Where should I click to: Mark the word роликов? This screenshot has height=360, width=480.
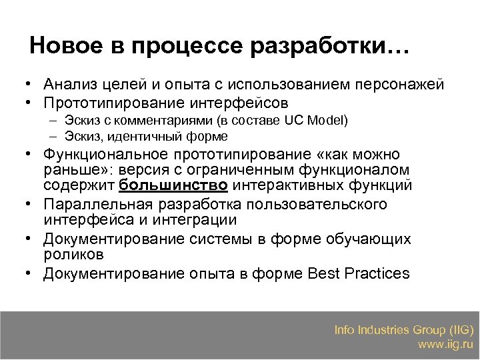(x=73, y=254)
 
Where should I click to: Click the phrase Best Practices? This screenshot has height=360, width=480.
(x=359, y=273)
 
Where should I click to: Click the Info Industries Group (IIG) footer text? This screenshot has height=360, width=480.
(x=404, y=330)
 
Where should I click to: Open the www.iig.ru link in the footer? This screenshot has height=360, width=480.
(x=445, y=345)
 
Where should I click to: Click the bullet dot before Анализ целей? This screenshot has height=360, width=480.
(x=23, y=85)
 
